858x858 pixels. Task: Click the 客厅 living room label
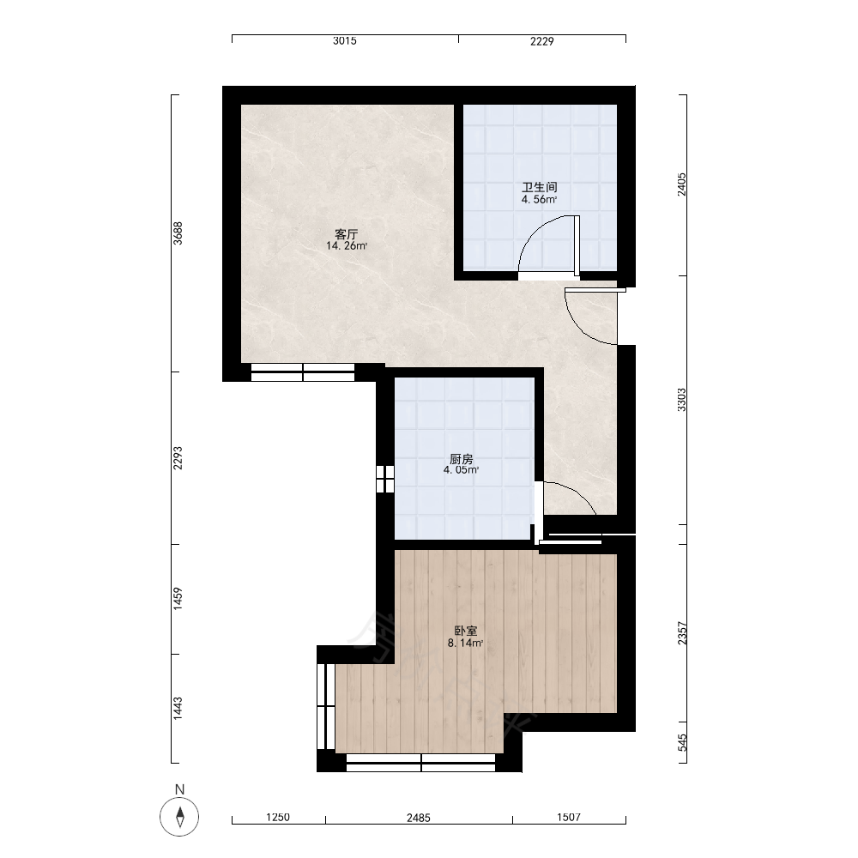347,235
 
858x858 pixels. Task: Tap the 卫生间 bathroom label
540,188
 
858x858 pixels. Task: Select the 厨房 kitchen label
462,459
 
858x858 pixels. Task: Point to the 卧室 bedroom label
466,631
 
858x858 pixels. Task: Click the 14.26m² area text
347,246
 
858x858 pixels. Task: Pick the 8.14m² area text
466,643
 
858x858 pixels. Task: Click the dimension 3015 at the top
345,40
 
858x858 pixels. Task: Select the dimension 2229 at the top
541,41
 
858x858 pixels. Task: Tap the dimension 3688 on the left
178,233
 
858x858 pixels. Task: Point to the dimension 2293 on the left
178,458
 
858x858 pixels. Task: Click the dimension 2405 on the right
682,184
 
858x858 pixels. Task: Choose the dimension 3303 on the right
682,400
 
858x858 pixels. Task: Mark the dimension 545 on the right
682,742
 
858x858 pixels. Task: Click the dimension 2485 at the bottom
419,818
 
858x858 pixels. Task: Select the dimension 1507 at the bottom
569,818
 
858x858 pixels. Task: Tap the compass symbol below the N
179,817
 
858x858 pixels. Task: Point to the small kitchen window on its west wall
385,479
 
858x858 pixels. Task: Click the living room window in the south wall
303,372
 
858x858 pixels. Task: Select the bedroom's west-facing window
326,706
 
